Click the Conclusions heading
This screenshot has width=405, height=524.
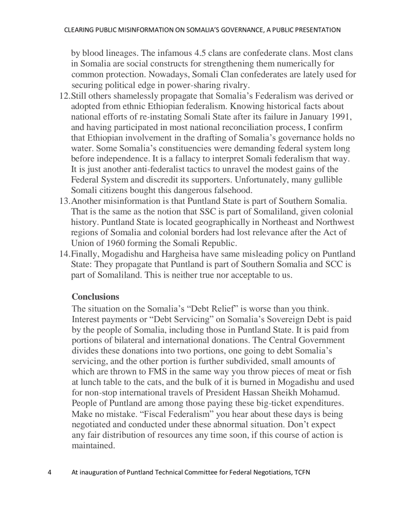(95, 297)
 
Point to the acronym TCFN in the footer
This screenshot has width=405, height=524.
(302, 473)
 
